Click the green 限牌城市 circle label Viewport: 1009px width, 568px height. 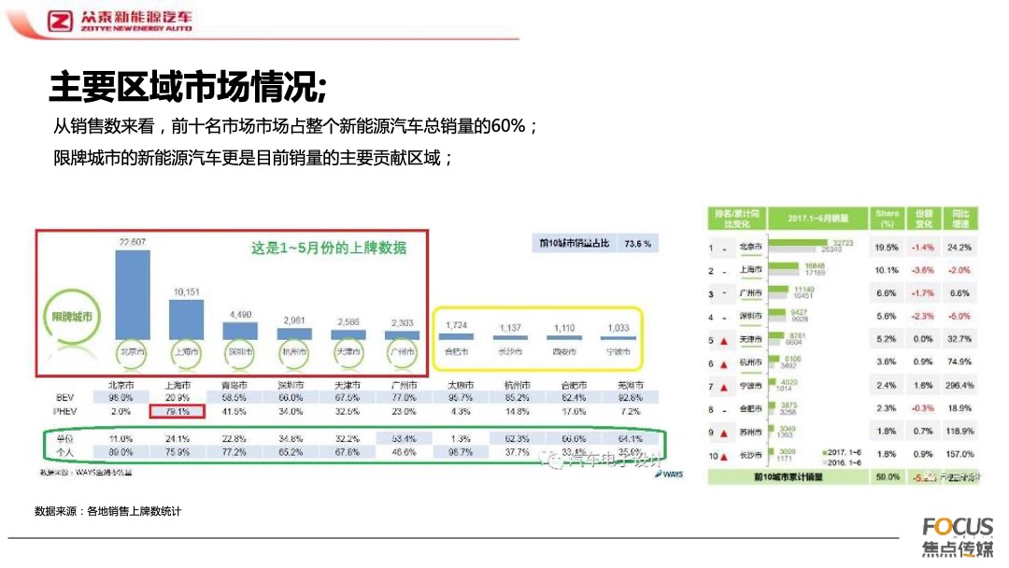click(x=72, y=317)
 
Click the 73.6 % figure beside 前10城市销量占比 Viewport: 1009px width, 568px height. click(x=635, y=243)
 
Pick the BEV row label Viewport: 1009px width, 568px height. click(x=64, y=397)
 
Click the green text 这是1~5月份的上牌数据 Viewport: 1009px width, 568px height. click(x=329, y=248)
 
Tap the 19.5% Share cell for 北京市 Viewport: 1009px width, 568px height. click(x=887, y=248)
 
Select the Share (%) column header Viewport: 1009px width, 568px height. click(x=888, y=219)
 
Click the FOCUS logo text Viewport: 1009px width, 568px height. click(x=958, y=527)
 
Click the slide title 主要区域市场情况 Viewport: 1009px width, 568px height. click(x=188, y=88)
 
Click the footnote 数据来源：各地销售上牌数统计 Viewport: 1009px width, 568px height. click(x=107, y=511)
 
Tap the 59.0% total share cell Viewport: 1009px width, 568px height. click(x=887, y=476)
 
